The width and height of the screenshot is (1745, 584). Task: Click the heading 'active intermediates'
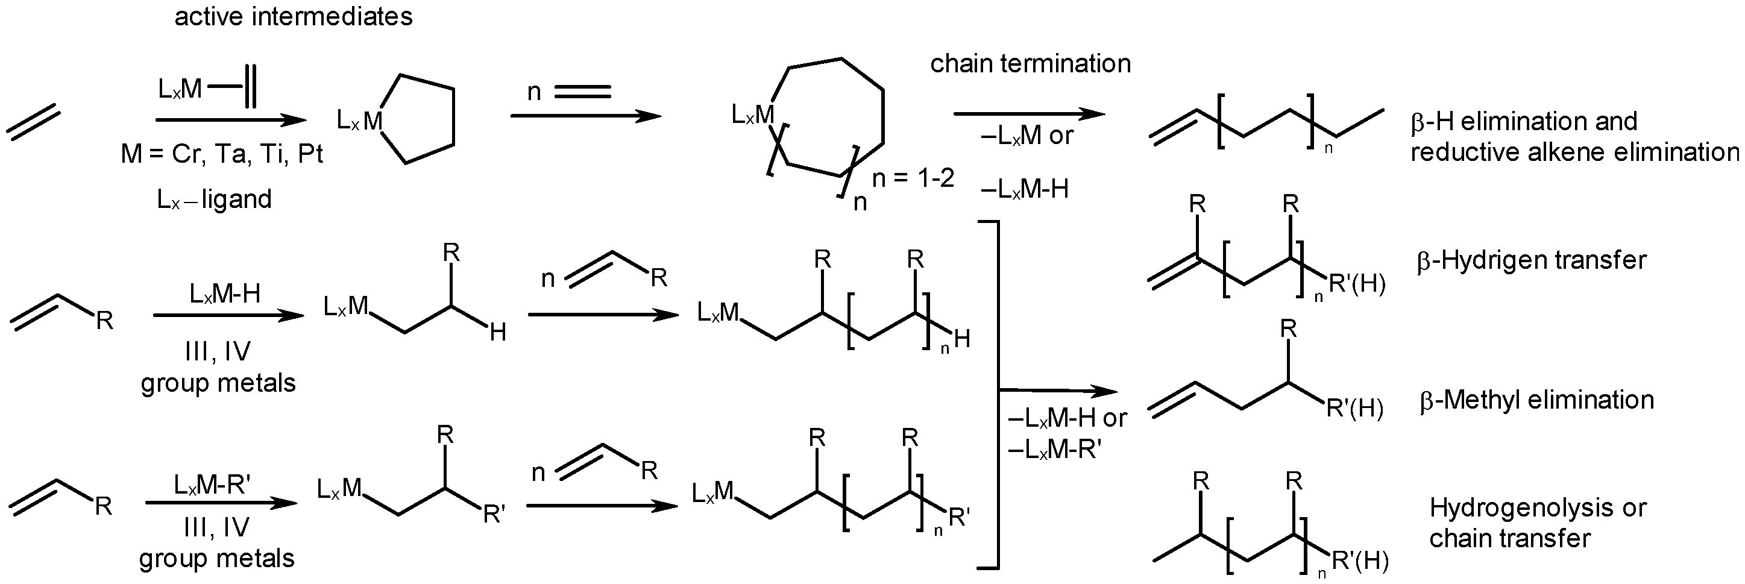pos(294,16)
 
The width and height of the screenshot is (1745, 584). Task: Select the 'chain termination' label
pos(1030,64)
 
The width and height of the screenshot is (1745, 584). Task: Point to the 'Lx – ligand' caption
pos(214,199)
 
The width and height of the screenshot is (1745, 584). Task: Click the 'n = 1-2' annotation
pos(913,178)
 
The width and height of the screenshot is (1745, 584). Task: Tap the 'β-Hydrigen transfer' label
pos(1531,260)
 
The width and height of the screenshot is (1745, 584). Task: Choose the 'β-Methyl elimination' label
pos(1536,400)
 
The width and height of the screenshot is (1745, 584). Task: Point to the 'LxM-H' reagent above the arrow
pos(225,294)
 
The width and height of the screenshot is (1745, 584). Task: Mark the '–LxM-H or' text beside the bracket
pos(1067,418)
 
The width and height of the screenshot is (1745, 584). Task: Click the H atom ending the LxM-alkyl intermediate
pos(498,333)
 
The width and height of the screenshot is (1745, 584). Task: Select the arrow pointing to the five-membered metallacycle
pos(230,121)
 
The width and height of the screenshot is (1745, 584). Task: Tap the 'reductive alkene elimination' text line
pos(1574,152)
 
